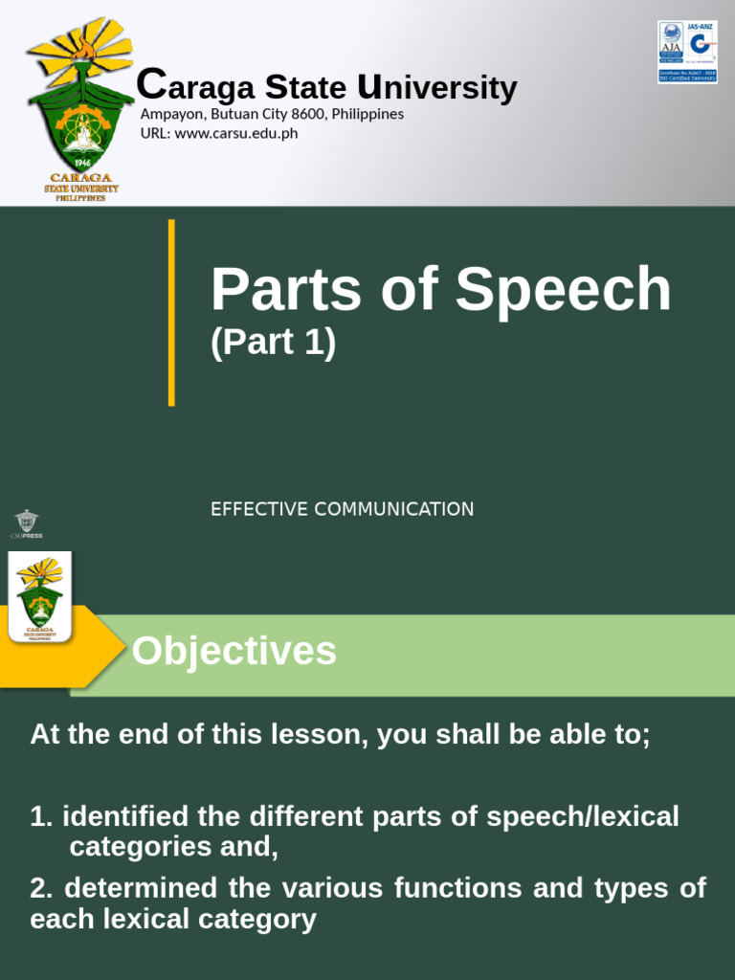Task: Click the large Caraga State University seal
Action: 80,107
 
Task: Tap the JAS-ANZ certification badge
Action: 687,52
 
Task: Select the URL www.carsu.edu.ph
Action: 235,133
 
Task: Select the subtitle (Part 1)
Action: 273,343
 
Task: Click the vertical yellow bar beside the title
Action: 171,312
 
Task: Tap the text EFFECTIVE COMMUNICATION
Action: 342,509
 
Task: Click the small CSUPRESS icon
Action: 26,523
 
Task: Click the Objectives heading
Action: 234,652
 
